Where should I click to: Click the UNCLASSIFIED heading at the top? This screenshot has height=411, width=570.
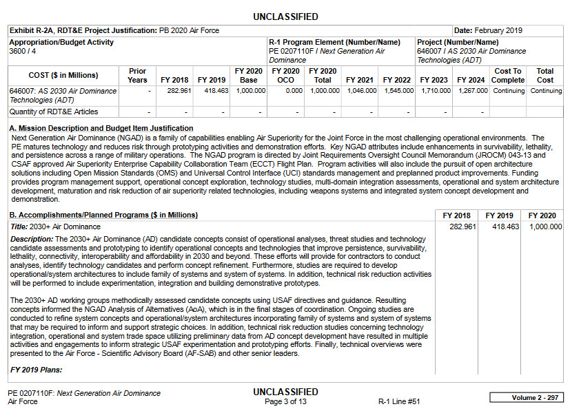tap(285, 17)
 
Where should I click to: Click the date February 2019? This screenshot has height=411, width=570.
tap(498, 31)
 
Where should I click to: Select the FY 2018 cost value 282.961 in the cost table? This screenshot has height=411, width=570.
tap(178, 91)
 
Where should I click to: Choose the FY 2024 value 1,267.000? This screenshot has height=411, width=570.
tap(471, 91)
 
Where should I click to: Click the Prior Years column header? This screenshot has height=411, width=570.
tap(137, 75)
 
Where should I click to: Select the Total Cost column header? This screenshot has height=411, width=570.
tap(545, 75)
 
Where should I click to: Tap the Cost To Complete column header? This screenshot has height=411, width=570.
tap(509, 75)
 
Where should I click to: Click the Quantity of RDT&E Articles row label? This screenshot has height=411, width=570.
tap(54, 112)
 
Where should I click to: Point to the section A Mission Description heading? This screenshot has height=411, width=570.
tap(101, 128)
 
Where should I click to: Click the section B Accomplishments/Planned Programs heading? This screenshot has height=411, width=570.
tap(104, 215)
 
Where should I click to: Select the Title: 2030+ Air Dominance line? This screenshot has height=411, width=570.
tap(56, 226)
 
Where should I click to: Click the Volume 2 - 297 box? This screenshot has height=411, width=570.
tap(526, 398)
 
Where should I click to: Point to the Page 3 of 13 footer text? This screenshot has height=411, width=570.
tap(285, 401)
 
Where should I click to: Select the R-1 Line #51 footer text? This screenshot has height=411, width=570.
tap(399, 401)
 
